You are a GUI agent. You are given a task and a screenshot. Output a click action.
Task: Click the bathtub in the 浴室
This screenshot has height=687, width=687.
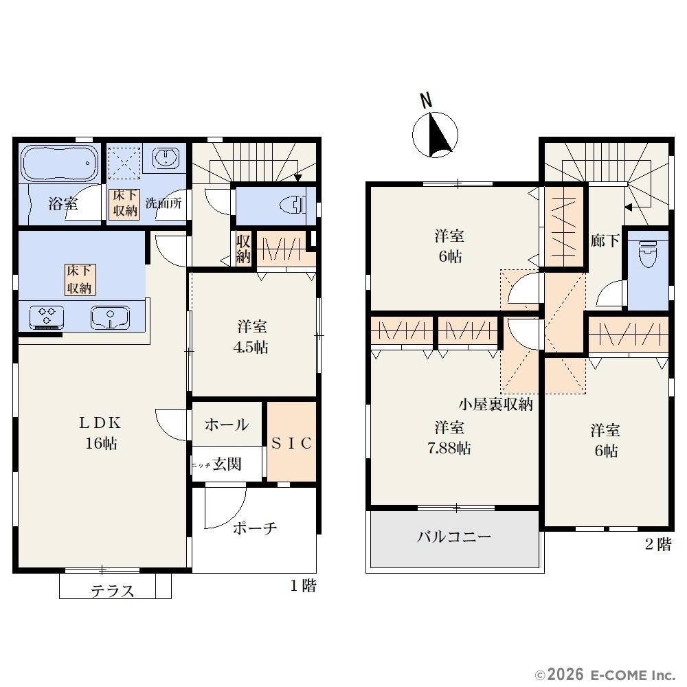pos(58,164)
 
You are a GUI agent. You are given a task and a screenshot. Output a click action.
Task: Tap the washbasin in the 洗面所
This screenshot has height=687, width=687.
pos(166,158)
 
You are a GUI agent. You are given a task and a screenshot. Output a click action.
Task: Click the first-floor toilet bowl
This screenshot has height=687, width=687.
pos(293,205)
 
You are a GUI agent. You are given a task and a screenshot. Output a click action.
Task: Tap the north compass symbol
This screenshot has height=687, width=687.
pos(435,130)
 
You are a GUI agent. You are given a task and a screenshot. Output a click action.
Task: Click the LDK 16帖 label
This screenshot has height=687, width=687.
pos(100,433)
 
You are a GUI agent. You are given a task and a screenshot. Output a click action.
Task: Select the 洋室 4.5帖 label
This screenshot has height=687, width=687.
pos(251,337)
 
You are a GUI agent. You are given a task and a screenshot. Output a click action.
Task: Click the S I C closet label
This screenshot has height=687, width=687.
pos(292,443)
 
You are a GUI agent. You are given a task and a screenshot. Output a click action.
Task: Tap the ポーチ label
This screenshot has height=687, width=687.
pos(255,528)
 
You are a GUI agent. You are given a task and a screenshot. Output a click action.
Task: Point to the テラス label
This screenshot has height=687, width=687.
pos(112,591)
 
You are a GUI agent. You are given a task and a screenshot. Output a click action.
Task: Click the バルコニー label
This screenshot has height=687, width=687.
pos(454,537)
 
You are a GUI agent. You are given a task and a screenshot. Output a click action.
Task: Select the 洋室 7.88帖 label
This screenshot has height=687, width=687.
pos(449,438)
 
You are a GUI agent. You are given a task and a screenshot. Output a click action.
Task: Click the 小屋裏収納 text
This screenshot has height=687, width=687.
pos(495,404)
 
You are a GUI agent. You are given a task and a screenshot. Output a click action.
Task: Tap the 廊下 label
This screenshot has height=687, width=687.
pos(605,240)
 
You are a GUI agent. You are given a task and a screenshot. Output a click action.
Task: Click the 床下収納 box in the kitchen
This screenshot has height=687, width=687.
pos(79,280)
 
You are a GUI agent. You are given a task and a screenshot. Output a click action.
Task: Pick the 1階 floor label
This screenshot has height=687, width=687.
pos(303,585)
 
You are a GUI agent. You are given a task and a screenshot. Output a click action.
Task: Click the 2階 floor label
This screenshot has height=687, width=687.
pos(658,544)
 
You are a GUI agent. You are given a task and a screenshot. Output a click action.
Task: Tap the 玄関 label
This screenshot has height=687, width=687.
pos(227,464)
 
